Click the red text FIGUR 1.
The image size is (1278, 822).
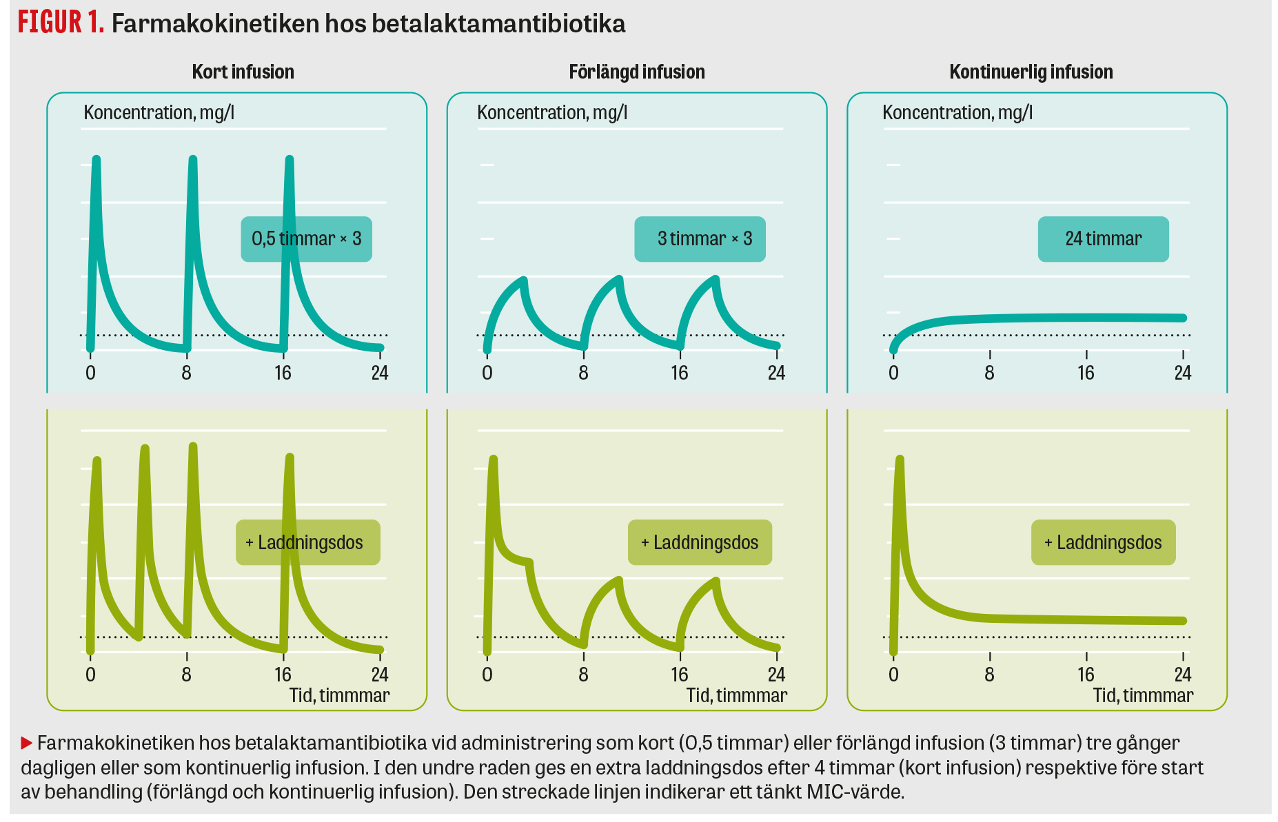coord(61,23)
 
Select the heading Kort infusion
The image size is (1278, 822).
coord(243,72)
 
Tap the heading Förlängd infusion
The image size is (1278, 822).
coord(636,72)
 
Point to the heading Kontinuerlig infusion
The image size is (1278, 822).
coord(1031,72)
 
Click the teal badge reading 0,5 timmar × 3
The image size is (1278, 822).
coord(306,239)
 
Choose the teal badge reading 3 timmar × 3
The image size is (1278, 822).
coord(700,239)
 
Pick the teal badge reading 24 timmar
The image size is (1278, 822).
coord(1103,239)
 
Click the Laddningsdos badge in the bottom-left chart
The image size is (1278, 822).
coord(307,542)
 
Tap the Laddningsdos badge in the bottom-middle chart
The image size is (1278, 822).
coord(700,542)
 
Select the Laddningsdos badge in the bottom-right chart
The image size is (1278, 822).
coord(1103,542)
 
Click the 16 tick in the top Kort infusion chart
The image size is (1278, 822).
coord(283,373)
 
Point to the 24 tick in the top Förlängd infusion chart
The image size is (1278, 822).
coord(776,373)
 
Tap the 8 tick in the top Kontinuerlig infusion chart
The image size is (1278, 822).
coord(989,373)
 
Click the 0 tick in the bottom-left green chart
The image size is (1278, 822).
coord(90,674)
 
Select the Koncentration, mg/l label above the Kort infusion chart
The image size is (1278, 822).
coord(159,112)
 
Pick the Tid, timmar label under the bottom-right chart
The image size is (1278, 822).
coord(1143,695)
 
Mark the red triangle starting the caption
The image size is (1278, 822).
coord(27,743)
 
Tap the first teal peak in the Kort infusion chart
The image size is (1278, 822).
coord(96,160)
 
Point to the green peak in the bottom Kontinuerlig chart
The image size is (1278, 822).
coord(899,459)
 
